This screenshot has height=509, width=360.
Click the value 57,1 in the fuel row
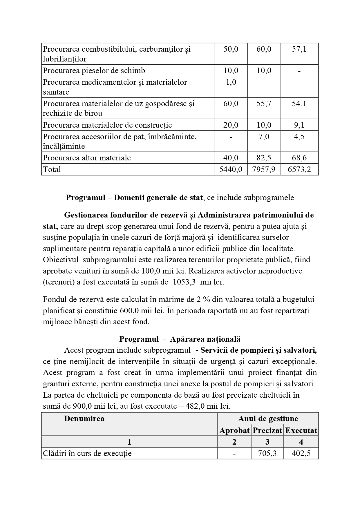point(299,49)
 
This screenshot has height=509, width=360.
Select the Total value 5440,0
point(231,169)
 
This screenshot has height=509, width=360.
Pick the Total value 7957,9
point(264,169)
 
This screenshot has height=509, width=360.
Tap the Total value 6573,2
point(299,169)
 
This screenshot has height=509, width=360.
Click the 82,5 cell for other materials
point(264,158)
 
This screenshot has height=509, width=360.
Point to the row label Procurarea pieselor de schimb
point(94,70)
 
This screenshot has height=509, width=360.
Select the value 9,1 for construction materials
point(299,125)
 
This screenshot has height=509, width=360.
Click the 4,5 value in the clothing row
point(299,137)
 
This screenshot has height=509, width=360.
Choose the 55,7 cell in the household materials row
point(264,104)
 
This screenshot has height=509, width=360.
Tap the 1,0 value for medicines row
point(231,82)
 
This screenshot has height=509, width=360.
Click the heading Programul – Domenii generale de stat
point(134,198)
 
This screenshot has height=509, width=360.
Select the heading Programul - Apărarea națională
point(180,339)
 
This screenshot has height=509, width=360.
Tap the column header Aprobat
point(234,430)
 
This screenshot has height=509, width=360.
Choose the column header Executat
point(301,430)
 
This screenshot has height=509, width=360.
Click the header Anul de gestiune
point(268,419)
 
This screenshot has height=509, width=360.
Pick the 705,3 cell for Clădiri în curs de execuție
point(267,453)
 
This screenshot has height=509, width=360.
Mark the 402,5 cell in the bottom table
point(301,453)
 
